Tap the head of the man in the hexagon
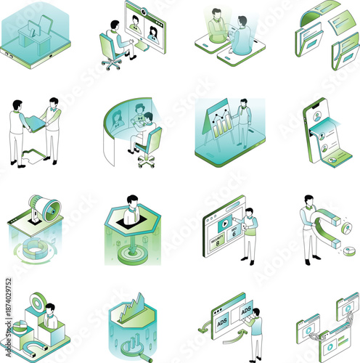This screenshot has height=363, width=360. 131,200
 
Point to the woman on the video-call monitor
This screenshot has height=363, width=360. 153,33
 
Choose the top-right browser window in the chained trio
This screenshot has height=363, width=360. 347,302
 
